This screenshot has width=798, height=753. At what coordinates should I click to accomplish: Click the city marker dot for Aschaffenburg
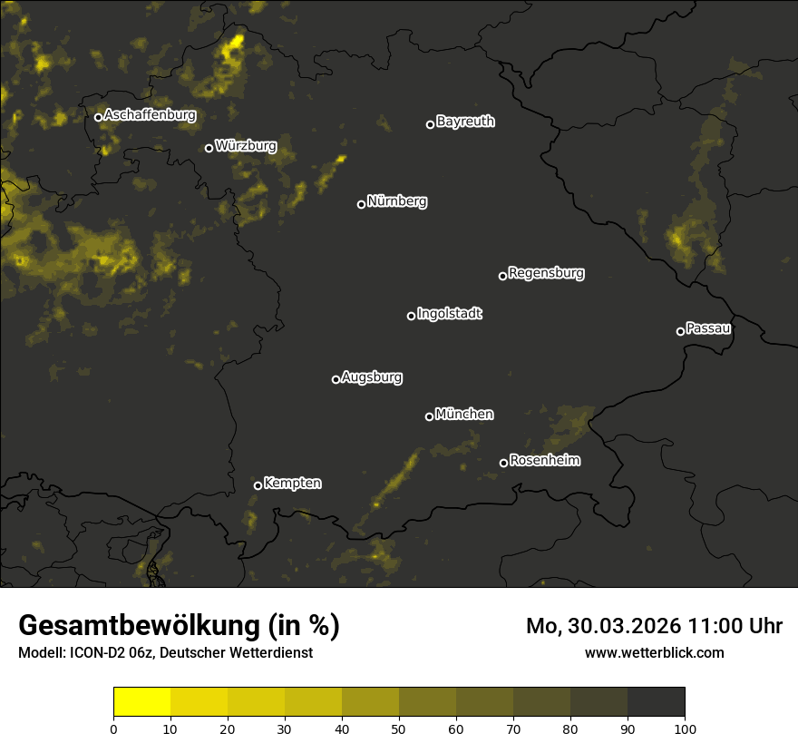click(x=98, y=117)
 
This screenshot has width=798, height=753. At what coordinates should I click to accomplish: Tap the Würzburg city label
click(x=246, y=145)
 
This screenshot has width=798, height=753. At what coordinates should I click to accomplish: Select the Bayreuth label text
click(x=465, y=122)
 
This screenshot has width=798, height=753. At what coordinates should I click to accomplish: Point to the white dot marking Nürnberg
click(x=361, y=204)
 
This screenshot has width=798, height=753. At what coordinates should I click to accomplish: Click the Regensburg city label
click(x=546, y=272)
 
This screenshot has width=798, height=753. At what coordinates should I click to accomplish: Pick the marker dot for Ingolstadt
click(x=411, y=316)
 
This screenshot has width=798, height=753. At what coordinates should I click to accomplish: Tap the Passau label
click(x=708, y=328)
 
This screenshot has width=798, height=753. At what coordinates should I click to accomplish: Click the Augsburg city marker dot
click(x=336, y=379)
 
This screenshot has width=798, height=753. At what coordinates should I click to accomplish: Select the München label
click(x=464, y=414)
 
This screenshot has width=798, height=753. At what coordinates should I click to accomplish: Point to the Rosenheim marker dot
click(x=503, y=464)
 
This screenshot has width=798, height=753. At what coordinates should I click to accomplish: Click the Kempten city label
click(x=292, y=483)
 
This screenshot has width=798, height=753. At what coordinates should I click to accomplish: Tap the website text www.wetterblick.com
click(x=654, y=652)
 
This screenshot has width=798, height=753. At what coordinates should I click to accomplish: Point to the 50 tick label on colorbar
click(x=399, y=729)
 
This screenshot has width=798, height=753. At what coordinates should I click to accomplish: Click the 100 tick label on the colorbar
click(x=685, y=729)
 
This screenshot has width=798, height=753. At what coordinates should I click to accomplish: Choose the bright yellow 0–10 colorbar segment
click(x=142, y=702)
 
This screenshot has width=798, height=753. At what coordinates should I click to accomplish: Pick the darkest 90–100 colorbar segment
click(x=656, y=702)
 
